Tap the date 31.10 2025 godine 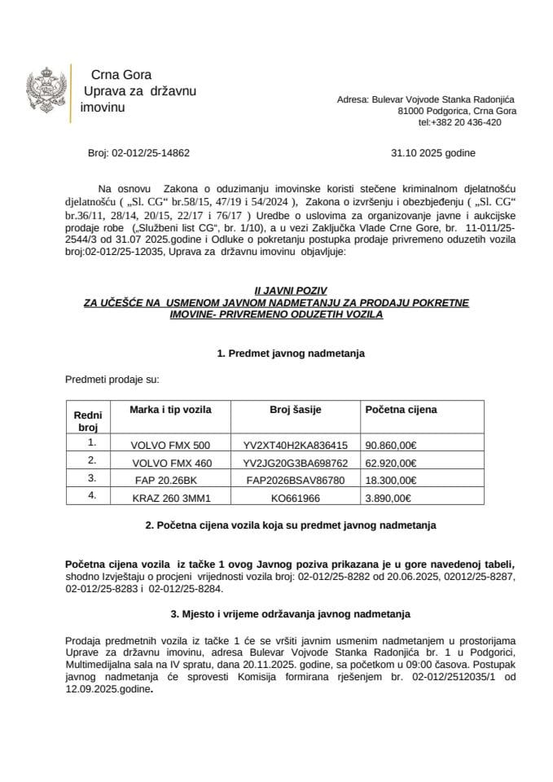(x=433, y=152)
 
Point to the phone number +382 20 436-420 (x=459, y=122)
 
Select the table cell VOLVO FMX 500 (x=170, y=445)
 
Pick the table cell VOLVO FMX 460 (x=170, y=462)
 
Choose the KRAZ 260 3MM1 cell (x=169, y=496)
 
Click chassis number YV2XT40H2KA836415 (x=295, y=445)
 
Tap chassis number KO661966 (x=295, y=496)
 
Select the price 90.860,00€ (x=391, y=445)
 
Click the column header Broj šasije (x=295, y=410)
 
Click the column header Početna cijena (x=401, y=410)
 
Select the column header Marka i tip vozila (x=170, y=410)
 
